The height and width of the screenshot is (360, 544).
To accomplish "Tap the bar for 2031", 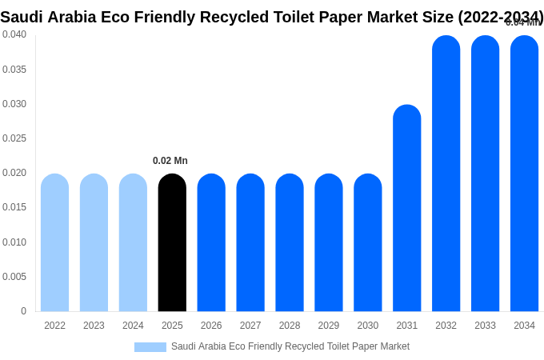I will coord(406,208).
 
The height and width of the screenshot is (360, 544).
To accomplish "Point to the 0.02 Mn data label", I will coord(170,161).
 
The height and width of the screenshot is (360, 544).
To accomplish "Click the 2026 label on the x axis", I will coord(211,326).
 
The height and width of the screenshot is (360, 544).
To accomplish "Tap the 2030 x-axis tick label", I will coord(368,326).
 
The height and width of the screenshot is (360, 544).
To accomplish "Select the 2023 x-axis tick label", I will coord(94,326).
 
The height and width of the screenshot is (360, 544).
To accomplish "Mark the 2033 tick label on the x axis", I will coord(485,326).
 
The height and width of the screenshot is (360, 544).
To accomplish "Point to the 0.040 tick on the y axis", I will coord(14,34).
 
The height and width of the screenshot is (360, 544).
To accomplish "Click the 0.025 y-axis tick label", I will coord(14,138).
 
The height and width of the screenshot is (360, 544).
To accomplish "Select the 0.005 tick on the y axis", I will coord(14,277).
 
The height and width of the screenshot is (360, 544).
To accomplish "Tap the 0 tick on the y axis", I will coord(23,311).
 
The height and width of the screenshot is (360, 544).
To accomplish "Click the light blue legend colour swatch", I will coord(150,347).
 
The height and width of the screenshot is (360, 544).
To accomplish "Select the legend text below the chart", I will coord(290,346).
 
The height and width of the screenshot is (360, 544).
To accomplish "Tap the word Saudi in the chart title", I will coord(22,17).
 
